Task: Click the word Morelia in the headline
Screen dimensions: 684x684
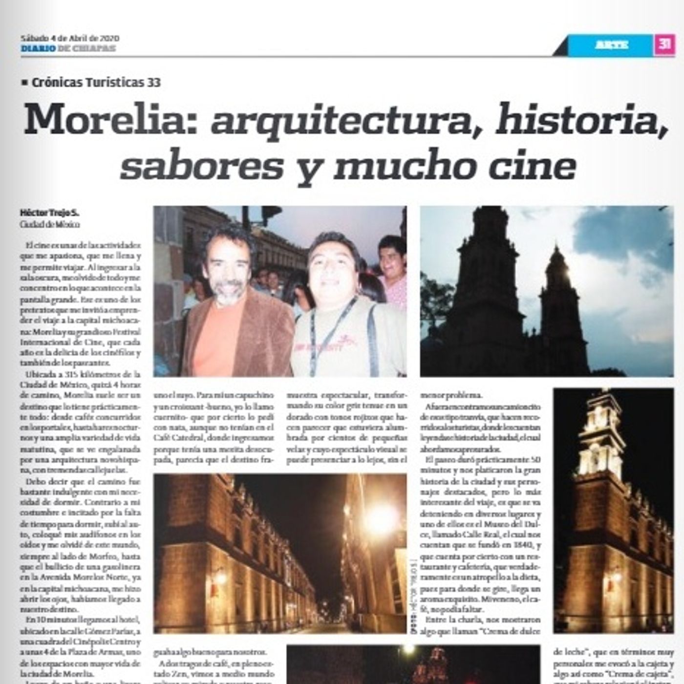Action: point(110,120)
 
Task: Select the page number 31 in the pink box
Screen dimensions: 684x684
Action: point(664,44)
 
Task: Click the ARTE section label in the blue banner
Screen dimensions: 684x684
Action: point(612,45)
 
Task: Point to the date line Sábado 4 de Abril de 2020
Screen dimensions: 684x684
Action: point(70,38)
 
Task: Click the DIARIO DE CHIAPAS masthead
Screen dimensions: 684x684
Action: point(68,48)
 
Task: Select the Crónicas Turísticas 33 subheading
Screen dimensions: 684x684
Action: point(95,83)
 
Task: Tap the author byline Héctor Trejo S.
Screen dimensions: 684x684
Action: point(49,213)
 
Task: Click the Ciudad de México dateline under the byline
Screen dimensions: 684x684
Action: point(49,224)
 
